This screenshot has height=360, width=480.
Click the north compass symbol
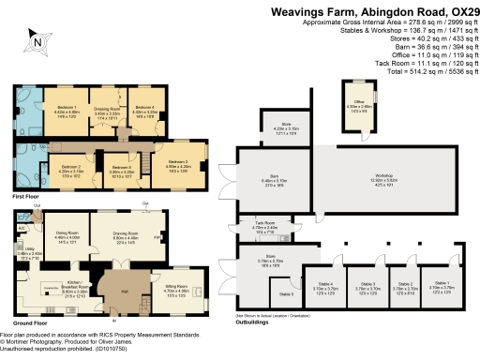pyautogui.click(x=36, y=39)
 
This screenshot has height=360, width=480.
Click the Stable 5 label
pyautogui.click(x=286, y=293)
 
